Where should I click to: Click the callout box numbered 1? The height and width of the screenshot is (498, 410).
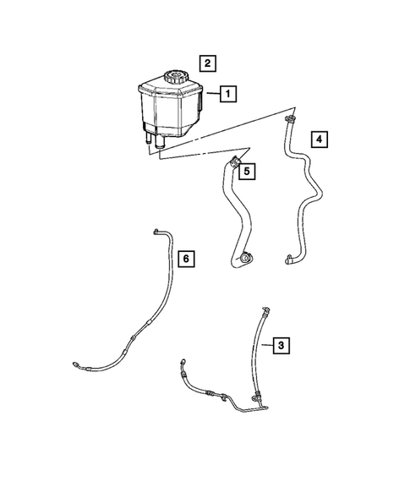tap(227, 95)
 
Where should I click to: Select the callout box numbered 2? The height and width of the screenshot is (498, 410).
tap(206, 62)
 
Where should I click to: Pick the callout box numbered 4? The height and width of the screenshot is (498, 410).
tap(318, 138)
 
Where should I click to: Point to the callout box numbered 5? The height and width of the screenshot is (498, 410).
tap(246, 172)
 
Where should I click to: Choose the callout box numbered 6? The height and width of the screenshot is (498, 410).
tap(187, 258)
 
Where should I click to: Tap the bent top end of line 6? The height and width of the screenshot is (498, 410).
tap(156, 229)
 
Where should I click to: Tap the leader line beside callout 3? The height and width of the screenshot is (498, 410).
tap(266, 344)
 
